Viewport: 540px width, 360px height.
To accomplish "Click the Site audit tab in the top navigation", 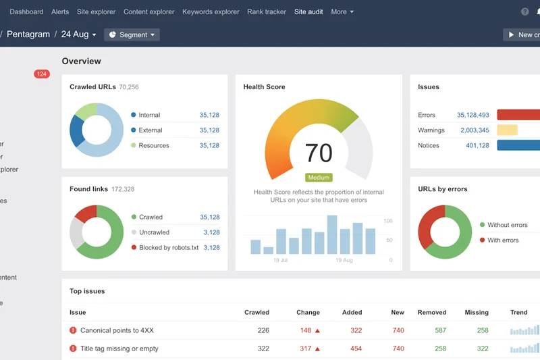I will (x=308, y=11).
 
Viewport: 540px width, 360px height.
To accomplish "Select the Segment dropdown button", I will (x=132, y=34).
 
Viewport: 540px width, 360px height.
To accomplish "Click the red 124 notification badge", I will (x=42, y=74).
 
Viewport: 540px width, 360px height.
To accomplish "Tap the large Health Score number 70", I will (x=319, y=153).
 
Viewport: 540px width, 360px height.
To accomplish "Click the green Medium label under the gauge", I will (x=319, y=178).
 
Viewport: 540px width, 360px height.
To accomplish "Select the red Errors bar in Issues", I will (x=518, y=115).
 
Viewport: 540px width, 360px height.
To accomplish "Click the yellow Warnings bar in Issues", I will (x=507, y=130).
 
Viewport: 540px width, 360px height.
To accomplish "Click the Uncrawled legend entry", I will (x=154, y=232).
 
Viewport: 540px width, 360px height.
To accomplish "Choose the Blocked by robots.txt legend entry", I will (x=169, y=248).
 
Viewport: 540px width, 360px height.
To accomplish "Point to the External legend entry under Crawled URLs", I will (x=151, y=130).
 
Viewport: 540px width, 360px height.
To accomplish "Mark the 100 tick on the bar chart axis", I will (x=388, y=221).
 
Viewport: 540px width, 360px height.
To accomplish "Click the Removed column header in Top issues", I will (x=431, y=313).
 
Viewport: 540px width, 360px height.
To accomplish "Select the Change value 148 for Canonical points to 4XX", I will (x=306, y=330).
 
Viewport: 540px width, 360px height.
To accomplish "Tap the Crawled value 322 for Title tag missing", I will (x=263, y=349).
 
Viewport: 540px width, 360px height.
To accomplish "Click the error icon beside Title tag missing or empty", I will (x=73, y=349).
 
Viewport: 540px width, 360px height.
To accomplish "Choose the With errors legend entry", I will (x=503, y=240).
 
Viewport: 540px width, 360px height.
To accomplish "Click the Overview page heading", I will (x=81, y=61).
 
